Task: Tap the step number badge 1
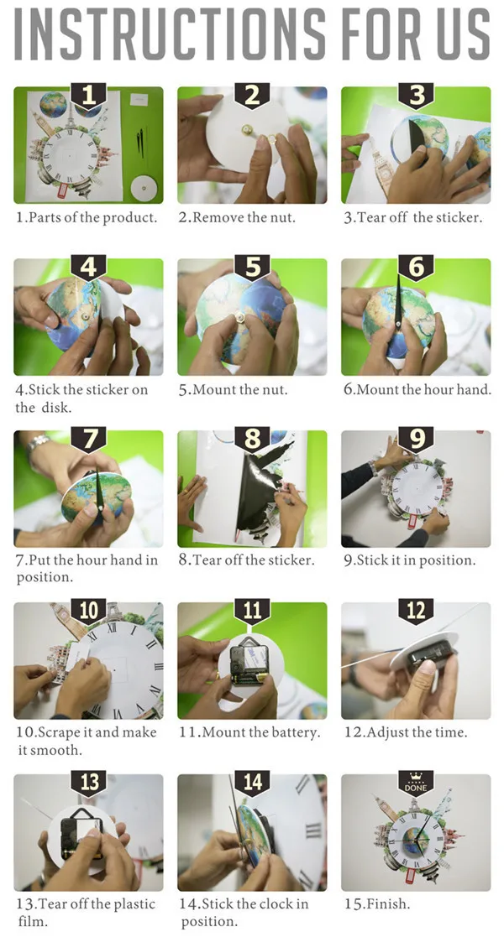88,96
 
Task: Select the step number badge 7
88,440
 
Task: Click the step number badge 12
416,612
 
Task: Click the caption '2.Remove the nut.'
237,217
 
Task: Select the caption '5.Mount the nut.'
233,389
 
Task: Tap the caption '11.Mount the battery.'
249,732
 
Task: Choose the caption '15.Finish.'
377,904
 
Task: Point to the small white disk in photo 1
144,189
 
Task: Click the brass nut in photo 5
240,317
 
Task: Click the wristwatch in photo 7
37,444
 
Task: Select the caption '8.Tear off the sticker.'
246,560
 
